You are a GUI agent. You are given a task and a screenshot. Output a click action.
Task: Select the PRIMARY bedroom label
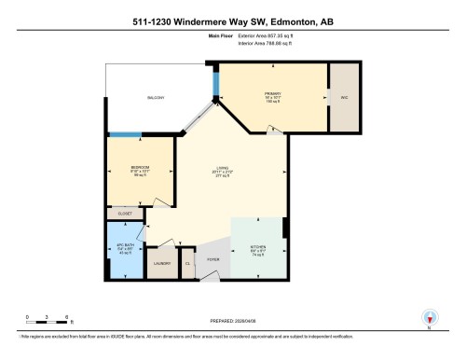(273, 94)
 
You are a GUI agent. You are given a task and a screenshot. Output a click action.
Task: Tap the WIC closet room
(344, 97)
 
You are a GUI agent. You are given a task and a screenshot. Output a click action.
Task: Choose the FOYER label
(213, 260)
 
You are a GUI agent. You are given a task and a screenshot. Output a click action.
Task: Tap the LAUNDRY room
(160, 263)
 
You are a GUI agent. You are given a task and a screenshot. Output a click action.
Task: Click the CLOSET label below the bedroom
(126, 213)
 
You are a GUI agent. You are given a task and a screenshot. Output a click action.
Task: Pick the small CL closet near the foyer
(187, 264)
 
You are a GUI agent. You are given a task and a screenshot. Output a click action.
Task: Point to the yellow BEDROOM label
(140, 169)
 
